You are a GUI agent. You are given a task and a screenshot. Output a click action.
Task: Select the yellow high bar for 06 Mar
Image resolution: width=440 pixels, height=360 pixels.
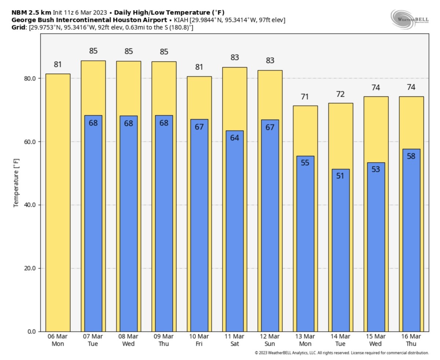[58, 202]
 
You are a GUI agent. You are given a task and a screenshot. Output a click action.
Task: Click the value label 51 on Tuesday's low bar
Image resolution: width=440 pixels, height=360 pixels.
[341, 176]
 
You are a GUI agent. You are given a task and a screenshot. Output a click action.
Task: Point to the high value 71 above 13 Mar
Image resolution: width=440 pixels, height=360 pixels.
[305, 97]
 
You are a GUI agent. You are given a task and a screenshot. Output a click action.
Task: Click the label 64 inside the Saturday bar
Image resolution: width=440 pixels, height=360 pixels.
[235, 138]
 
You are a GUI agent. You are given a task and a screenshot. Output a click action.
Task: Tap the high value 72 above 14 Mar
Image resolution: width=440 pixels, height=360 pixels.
[341, 94]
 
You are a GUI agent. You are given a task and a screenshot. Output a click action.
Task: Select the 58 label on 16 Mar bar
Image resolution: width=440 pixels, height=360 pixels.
[411, 156]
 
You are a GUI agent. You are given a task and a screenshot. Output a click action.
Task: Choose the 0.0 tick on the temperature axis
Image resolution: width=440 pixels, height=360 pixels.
[32, 332]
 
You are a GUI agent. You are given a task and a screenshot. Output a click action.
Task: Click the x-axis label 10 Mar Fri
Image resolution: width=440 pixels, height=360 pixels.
[199, 340]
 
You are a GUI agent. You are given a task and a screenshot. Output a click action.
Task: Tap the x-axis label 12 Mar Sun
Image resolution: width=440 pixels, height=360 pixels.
[270, 340]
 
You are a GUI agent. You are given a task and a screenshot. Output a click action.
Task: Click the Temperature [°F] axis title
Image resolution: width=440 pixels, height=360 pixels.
[16, 183]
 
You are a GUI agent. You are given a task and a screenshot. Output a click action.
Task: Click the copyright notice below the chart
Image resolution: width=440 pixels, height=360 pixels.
[342, 353]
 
